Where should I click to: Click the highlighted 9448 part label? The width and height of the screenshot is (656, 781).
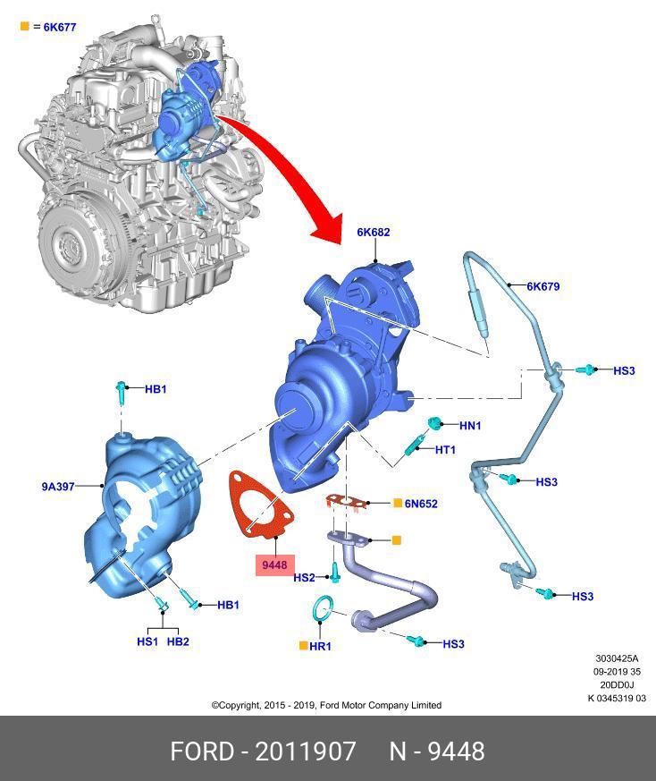pos(274,565)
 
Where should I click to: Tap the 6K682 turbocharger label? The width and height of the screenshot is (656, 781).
pos(374,232)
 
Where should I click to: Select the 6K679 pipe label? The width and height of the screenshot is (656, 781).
pos(543,286)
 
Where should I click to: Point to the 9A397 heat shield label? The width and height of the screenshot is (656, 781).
pos(58,486)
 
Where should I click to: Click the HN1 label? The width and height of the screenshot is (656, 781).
pos(470,425)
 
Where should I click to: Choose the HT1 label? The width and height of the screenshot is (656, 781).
pos(445,450)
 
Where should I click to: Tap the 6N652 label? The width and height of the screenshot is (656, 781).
pos(421,504)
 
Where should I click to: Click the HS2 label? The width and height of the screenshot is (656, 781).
pos(304,577)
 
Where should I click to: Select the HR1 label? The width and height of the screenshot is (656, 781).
pos(320,646)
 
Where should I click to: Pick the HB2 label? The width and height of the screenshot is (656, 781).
pos(178,641)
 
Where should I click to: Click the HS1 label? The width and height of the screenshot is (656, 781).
pos(147,641)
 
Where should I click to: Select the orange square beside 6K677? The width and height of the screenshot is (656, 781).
pos(24,26)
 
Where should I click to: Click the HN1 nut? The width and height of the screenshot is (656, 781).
pos(434,423)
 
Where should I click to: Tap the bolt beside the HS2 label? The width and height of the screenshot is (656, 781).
pos(334,573)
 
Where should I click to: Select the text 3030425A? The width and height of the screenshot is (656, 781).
pos(617,658)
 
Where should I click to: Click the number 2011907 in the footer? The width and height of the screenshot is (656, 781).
pos(306,751)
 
